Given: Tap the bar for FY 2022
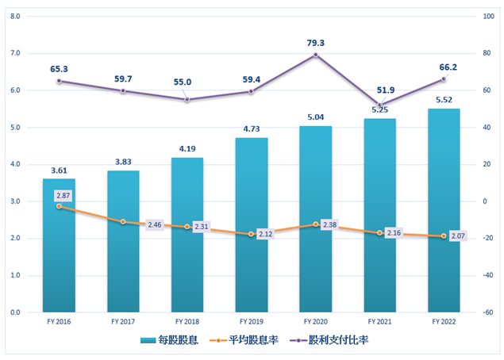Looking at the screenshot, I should point(444,214).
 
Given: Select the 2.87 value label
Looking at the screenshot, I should point(63,195).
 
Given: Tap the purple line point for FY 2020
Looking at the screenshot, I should point(315,55).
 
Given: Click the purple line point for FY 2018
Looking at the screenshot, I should point(187,99).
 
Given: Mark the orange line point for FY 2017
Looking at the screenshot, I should point(123,222).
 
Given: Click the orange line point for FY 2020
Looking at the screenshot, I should point(315,224).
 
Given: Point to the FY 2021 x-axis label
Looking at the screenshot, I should point(379,322).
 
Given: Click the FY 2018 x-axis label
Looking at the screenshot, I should point(187,322).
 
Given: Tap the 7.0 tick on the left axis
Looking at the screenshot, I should point(14,53).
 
